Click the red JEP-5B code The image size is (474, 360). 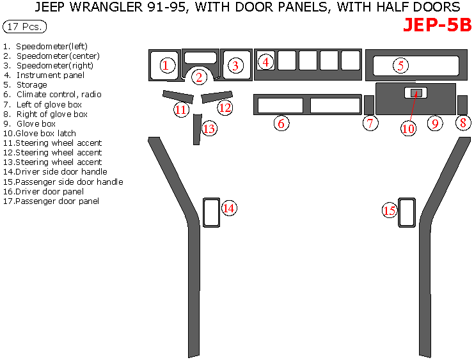click(x=437, y=25)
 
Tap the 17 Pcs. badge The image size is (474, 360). click(x=24, y=27)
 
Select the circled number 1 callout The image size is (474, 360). click(x=166, y=65)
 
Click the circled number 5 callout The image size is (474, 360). click(x=400, y=65)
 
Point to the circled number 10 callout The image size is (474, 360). click(x=408, y=128)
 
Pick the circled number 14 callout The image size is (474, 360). click(x=229, y=207)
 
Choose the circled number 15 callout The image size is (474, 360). click(x=390, y=210)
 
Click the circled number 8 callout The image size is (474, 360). click(x=463, y=123)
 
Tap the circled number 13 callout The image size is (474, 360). click(x=209, y=128)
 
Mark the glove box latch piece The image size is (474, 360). click(x=415, y=93)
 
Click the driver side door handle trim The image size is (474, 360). click(x=211, y=212)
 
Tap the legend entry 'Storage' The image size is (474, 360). click(x=31, y=85)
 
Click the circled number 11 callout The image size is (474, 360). click(x=181, y=109)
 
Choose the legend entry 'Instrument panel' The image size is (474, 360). click(x=50, y=75)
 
